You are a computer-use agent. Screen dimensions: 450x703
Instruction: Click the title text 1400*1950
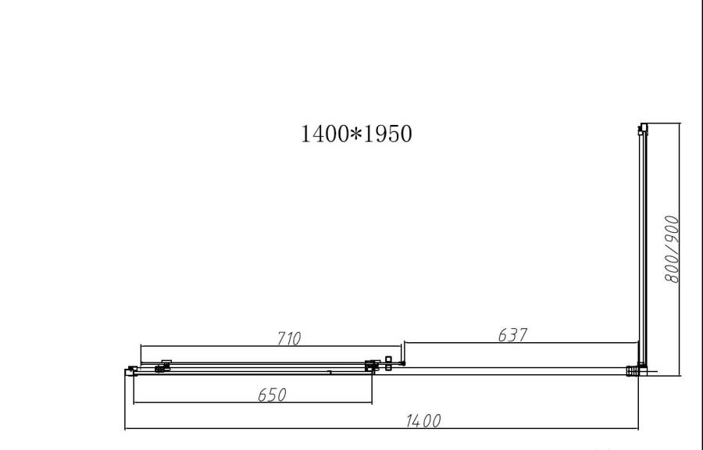tap(356, 134)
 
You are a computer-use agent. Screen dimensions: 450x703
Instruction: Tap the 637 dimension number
tap(512, 334)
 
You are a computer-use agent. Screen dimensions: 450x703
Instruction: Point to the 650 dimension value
tap(272, 395)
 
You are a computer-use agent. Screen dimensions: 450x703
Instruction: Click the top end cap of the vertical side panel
tap(643, 127)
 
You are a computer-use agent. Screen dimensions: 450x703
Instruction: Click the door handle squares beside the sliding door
tap(388, 363)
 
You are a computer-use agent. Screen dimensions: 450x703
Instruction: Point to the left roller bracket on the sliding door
tap(164, 366)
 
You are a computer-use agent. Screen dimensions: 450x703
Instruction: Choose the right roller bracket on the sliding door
tap(370, 365)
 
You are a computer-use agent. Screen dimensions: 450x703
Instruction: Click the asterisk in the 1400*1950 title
tap(356, 134)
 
